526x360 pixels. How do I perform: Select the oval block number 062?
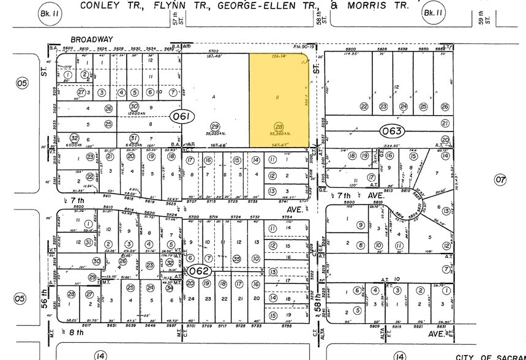(x=199, y=270)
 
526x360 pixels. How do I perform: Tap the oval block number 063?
(x=391, y=130)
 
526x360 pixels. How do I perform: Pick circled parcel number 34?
(x=169, y=288)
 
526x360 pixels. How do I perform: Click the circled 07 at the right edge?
(x=502, y=180)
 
